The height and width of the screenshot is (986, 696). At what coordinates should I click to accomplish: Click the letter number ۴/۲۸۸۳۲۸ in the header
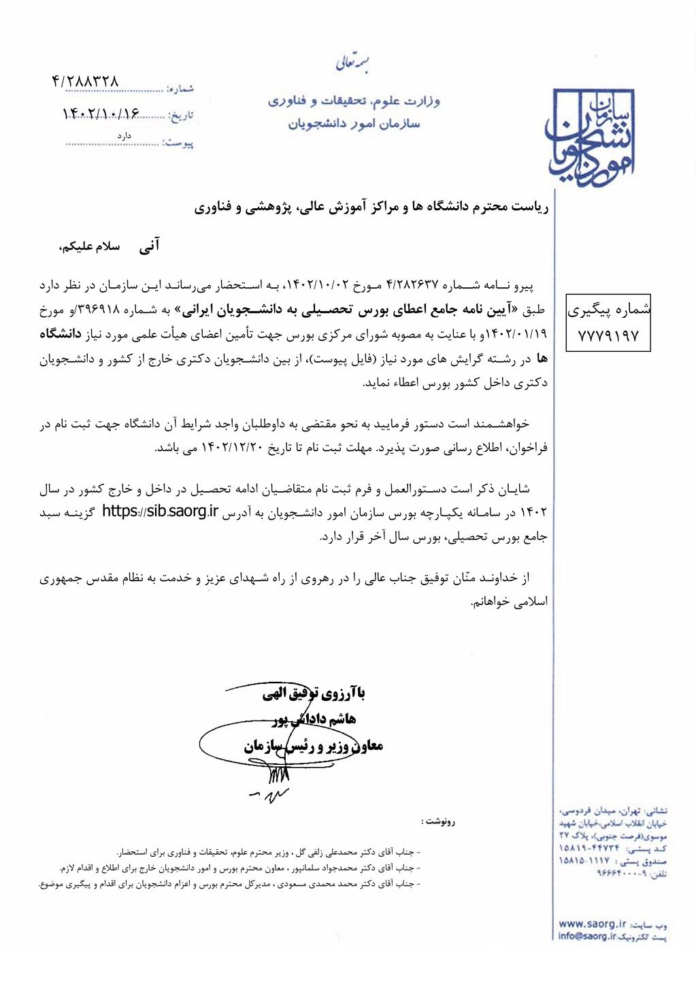(x=85, y=81)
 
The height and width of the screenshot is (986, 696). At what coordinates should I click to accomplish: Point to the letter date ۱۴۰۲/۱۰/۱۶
(x=100, y=112)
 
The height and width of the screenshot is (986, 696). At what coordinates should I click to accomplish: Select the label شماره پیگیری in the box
(x=608, y=310)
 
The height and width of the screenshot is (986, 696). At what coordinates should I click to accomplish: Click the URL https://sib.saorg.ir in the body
(x=160, y=512)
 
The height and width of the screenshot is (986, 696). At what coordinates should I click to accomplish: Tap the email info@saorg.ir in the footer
(x=586, y=936)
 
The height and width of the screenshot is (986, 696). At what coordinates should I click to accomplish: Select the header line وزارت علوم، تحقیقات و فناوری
(x=354, y=101)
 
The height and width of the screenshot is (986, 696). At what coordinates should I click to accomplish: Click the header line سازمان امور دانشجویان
(x=354, y=124)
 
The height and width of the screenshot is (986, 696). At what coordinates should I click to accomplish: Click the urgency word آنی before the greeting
(x=149, y=246)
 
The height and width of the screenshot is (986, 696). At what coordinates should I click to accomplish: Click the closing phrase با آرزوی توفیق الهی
(x=314, y=694)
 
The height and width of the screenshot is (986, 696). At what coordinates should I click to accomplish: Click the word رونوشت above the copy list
(x=437, y=821)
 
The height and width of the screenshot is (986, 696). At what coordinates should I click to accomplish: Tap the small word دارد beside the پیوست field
(x=123, y=135)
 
